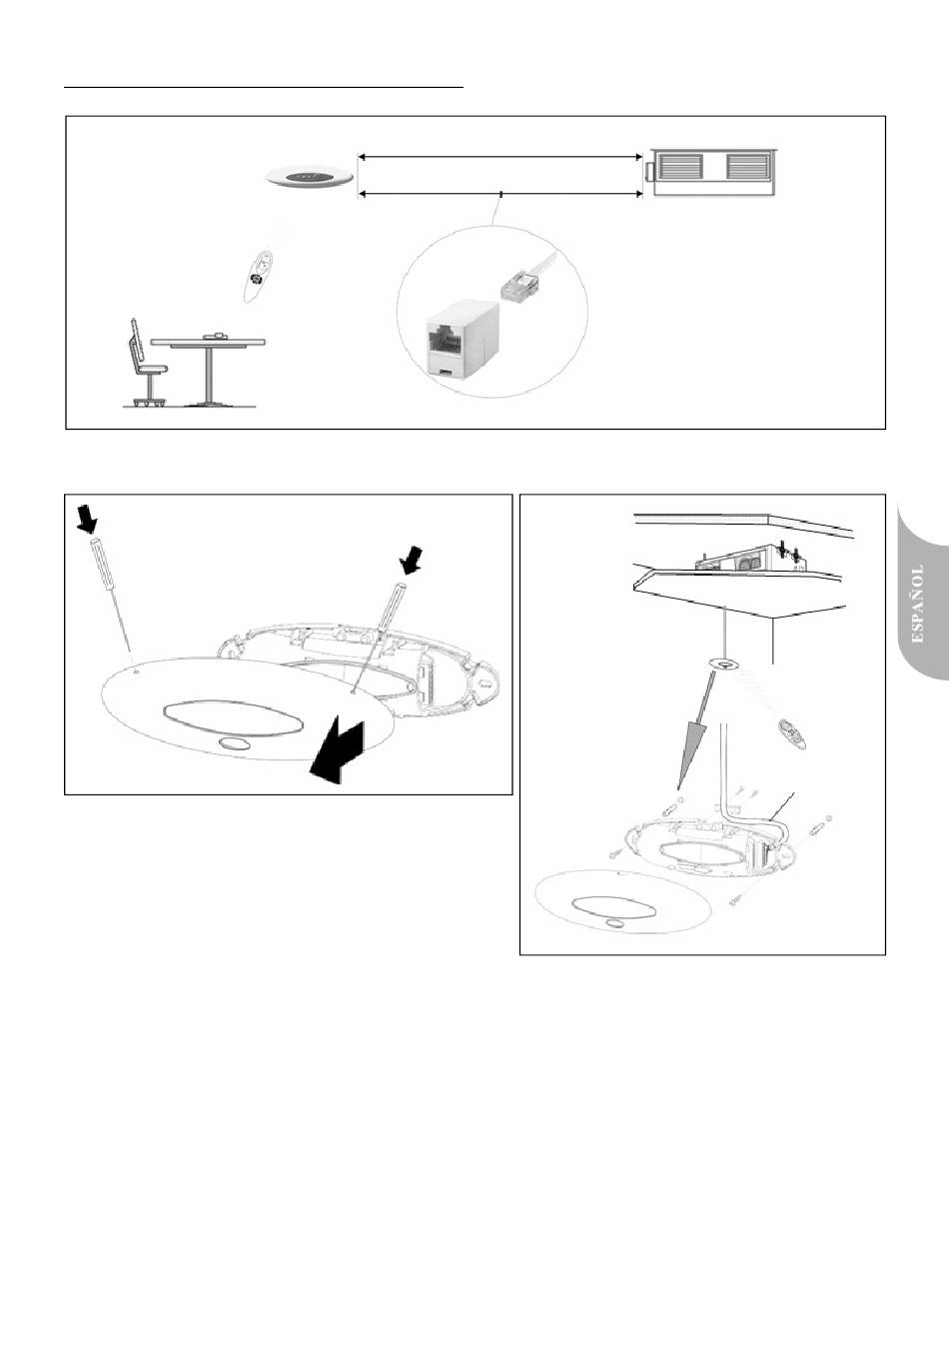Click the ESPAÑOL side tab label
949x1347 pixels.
918,605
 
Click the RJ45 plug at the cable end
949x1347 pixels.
517,284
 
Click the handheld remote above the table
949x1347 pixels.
259,277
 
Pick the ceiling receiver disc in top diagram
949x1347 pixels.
309,177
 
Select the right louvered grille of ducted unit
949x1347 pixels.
747,166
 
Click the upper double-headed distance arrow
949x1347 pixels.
500,157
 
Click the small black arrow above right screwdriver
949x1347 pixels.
412,560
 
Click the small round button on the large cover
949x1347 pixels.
235,743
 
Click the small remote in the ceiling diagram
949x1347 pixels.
792,733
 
